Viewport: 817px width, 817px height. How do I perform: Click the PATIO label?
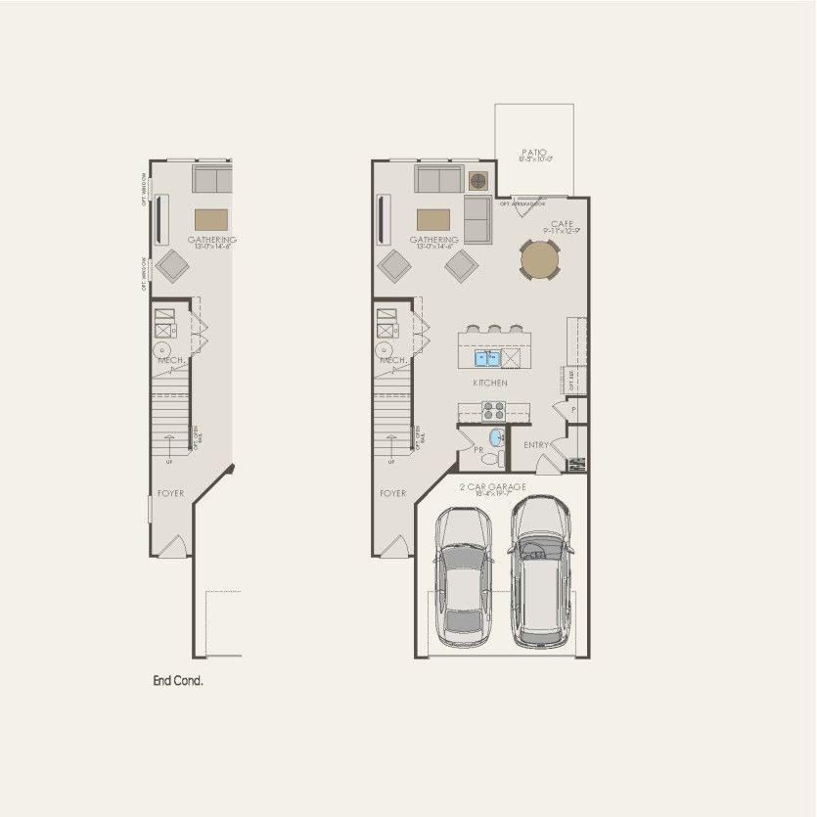pos(533,152)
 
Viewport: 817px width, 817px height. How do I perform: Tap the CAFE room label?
pos(561,224)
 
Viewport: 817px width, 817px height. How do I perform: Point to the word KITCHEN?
pos(489,383)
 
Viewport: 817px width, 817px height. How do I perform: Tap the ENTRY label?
pos(536,445)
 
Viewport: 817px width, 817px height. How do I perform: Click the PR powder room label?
pos(479,452)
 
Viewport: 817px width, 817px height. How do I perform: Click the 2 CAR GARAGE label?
pos(493,487)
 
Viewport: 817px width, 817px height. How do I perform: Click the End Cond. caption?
pos(177,681)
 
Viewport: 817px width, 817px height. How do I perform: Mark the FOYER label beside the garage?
pos(392,493)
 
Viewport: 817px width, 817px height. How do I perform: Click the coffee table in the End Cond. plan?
pos(211,217)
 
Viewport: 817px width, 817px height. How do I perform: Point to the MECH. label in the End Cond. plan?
pos(171,360)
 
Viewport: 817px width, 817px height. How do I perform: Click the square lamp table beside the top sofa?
pos(477,180)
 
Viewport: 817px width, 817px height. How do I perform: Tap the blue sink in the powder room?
pos(495,436)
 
